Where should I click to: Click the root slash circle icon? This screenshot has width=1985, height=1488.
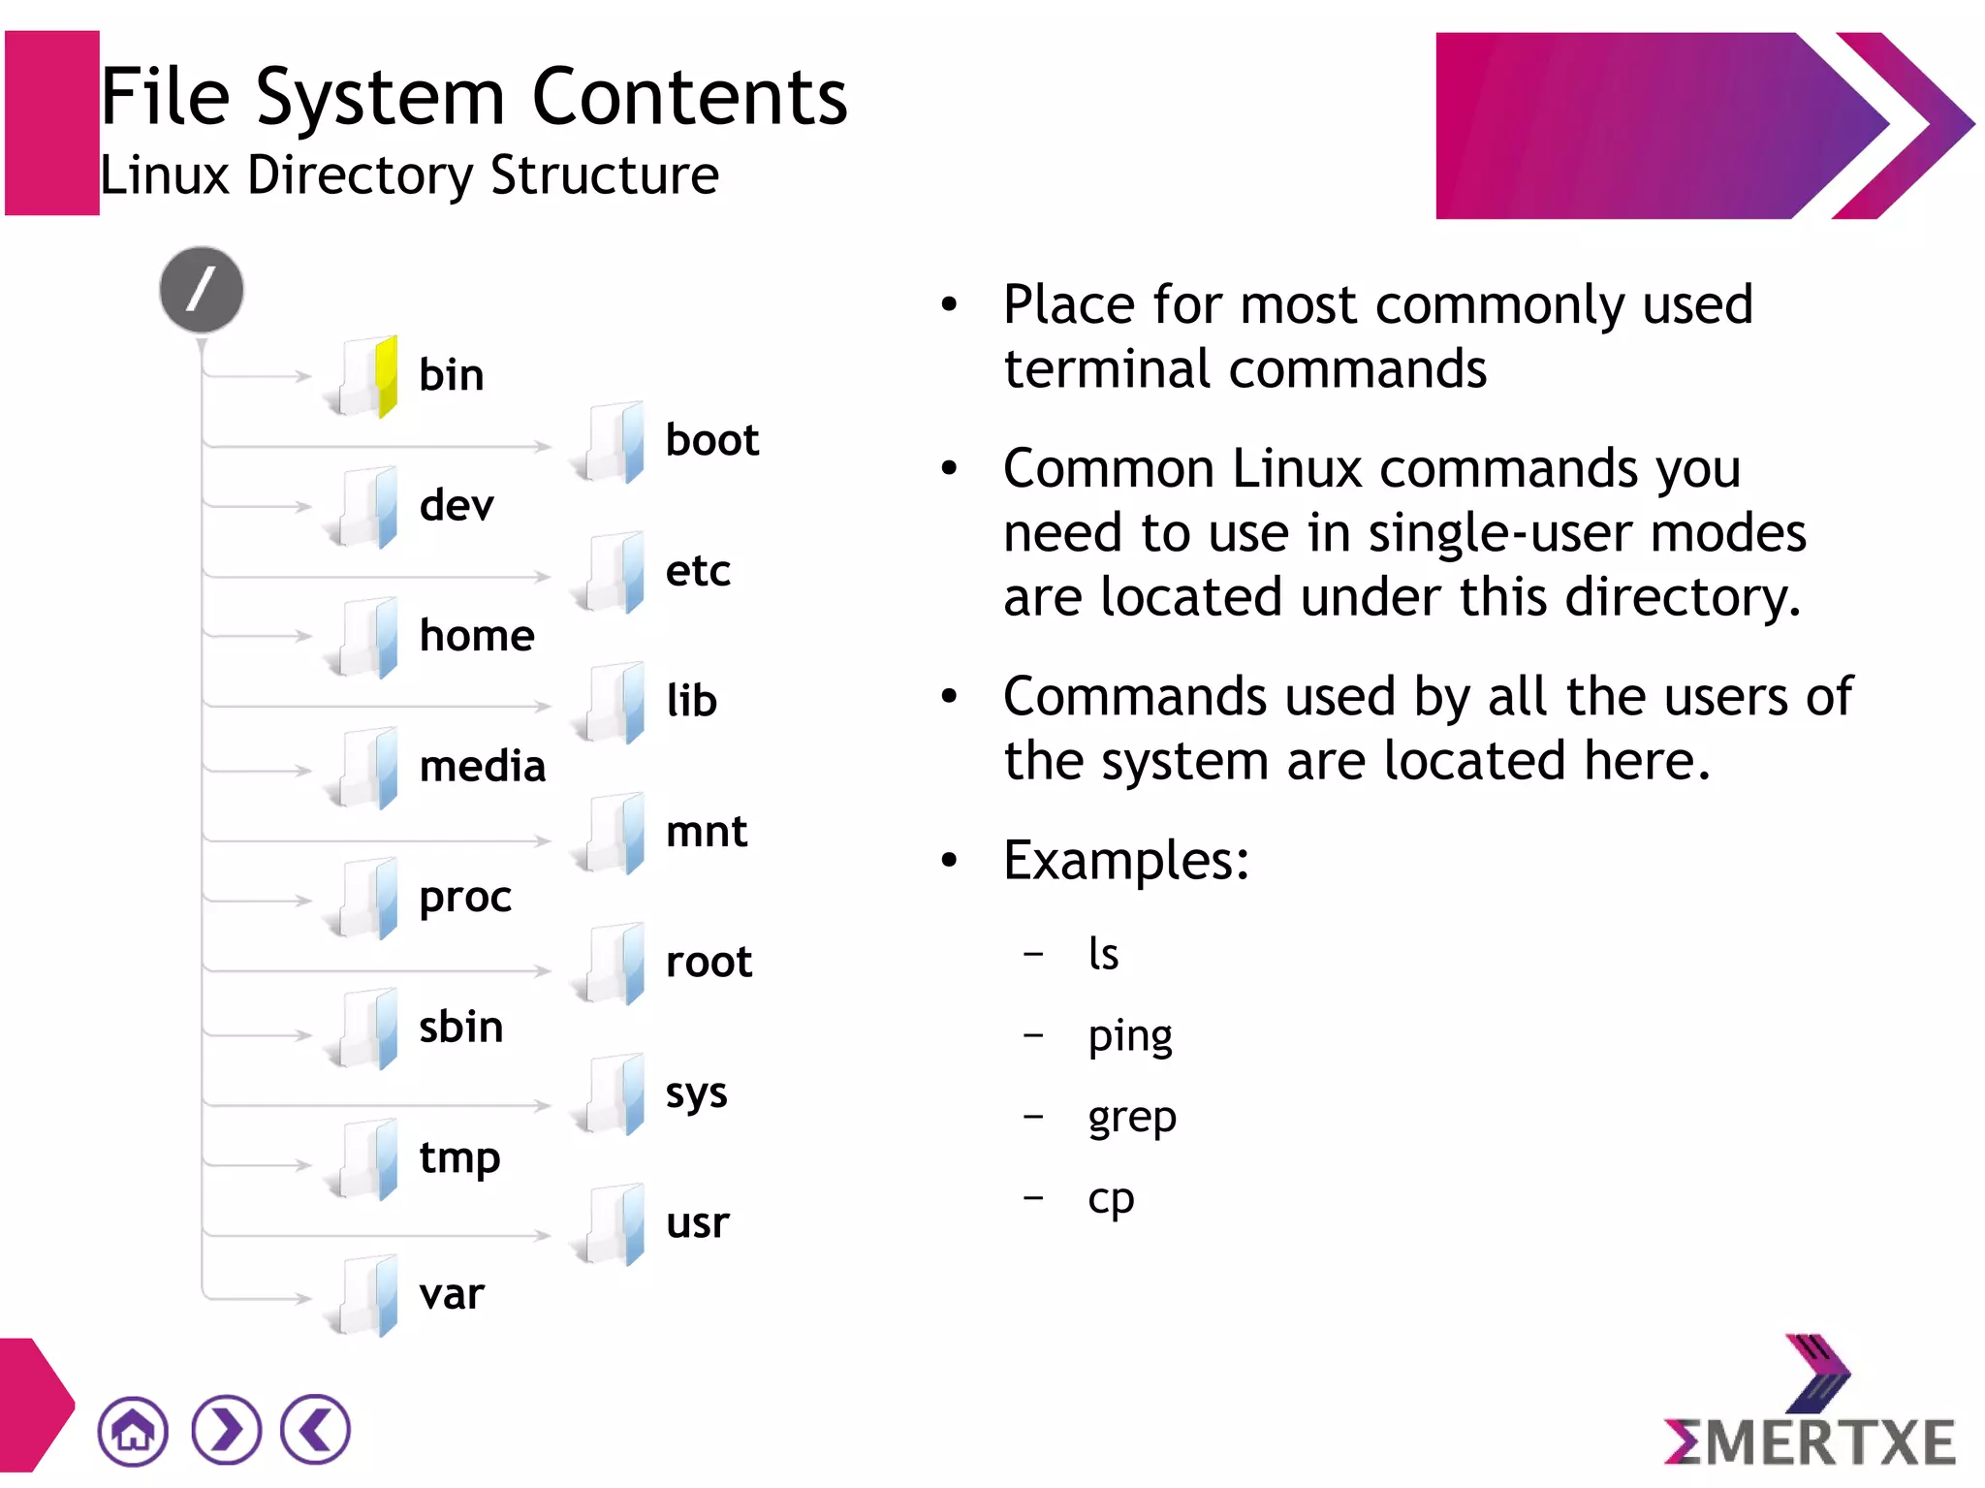pos(202,290)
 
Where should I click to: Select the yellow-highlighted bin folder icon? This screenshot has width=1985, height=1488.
pos(366,377)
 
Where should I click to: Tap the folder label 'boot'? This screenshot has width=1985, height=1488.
pos(711,440)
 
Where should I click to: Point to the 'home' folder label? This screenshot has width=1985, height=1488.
pos(477,636)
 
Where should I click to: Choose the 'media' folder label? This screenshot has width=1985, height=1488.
pos(483,767)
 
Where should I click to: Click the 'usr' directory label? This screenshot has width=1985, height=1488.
pos(697,1223)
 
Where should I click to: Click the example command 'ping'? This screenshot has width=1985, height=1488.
pos(1130,1036)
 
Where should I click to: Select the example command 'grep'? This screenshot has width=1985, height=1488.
pos(1132,1118)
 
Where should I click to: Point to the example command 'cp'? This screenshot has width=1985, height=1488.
pos(1111,1199)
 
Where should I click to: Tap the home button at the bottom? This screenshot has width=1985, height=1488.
pos(133,1431)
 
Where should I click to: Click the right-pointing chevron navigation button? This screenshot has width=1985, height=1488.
pos(226,1430)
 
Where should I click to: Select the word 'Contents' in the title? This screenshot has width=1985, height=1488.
pos(690,98)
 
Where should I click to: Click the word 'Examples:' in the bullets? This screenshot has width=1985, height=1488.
pos(1126,860)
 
